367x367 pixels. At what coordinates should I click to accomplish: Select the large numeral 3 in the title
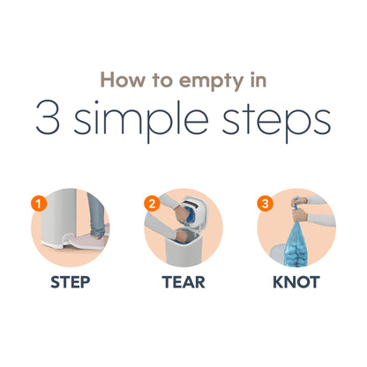tap(48, 117)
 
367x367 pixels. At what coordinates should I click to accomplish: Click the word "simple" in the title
tap(141, 121)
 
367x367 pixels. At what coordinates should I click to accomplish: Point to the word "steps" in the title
tap(276, 122)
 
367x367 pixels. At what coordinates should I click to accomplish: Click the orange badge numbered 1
tap(39, 203)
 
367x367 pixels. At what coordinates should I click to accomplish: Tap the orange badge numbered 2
tap(152, 203)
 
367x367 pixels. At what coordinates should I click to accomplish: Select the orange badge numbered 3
tap(265, 203)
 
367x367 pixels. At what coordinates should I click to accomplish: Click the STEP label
tap(71, 282)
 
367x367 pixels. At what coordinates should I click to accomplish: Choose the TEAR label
tap(183, 282)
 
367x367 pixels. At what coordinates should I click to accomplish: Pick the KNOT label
tap(296, 282)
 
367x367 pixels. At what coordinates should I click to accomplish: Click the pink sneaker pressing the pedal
tap(88, 241)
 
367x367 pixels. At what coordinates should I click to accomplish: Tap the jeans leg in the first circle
tap(96, 213)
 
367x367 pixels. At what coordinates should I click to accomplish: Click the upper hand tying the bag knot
tap(298, 202)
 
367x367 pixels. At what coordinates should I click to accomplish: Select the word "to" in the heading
tap(161, 80)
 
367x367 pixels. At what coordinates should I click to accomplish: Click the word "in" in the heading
tap(258, 79)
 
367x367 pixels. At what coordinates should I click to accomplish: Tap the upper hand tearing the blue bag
tap(182, 214)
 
